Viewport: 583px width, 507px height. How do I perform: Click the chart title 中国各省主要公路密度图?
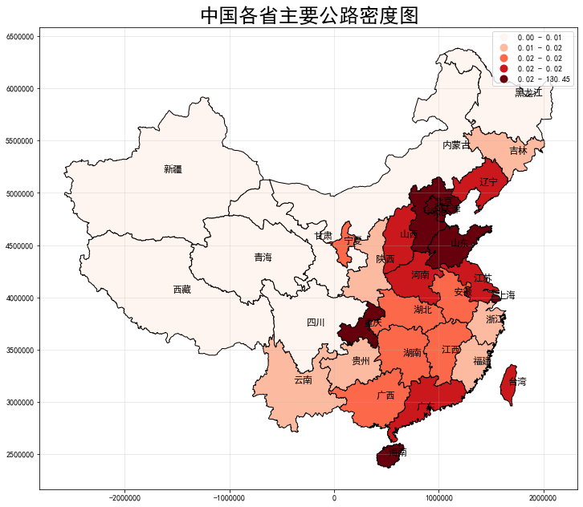[309, 15]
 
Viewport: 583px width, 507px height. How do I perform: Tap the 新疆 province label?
[173, 169]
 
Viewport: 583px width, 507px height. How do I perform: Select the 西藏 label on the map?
[182, 290]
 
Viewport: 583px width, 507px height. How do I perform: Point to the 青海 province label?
[263, 258]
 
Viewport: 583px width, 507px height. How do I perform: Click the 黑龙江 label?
[528, 93]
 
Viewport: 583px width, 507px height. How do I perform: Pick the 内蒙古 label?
[456, 145]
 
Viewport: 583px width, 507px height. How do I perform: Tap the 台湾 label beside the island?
[518, 382]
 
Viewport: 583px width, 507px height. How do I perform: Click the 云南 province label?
[303, 379]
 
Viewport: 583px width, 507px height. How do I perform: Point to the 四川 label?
[316, 322]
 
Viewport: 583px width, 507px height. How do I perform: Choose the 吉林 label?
[518, 151]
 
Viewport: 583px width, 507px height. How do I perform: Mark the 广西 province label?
[385, 395]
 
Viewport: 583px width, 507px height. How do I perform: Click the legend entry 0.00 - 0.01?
[539, 38]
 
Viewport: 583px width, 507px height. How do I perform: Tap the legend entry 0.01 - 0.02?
[539, 48]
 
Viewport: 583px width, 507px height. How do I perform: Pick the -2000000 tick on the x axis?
[123, 498]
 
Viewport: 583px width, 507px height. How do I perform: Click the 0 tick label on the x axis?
[334, 498]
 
